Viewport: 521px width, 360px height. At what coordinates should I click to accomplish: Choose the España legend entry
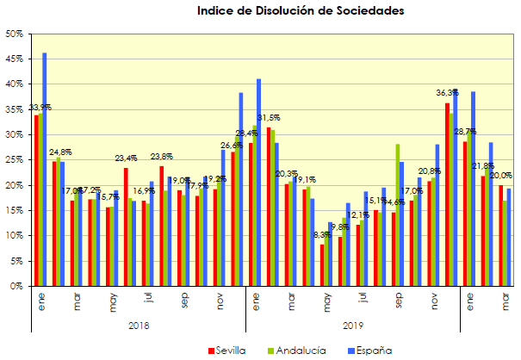pyautogui.click(x=368, y=350)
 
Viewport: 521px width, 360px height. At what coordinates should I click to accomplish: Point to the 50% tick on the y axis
pyautogui.click(x=13, y=34)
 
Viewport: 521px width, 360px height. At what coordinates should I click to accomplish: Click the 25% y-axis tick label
pyautogui.click(x=13, y=160)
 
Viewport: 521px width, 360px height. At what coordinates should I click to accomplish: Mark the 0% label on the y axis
pyautogui.click(x=16, y=286)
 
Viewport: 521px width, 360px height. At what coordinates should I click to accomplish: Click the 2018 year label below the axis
pyautogui.click(x=138, y=326)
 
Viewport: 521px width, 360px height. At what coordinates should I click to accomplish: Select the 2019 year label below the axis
pyautogui.click(x=351, y=326)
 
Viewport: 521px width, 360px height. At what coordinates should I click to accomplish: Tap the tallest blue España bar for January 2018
pyautogui.click(x=45, y=169)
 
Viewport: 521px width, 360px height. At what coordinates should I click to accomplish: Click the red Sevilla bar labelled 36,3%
pyautogui.click(x=447, y=195)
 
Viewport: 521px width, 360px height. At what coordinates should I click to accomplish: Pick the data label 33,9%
pyautogui.click(x=39, y=108)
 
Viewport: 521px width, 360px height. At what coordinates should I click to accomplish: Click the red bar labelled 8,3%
pyautogui.click(x=322, y=265)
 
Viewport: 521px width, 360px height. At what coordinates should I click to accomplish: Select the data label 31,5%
pyautogui.click(x=271, y=119)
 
